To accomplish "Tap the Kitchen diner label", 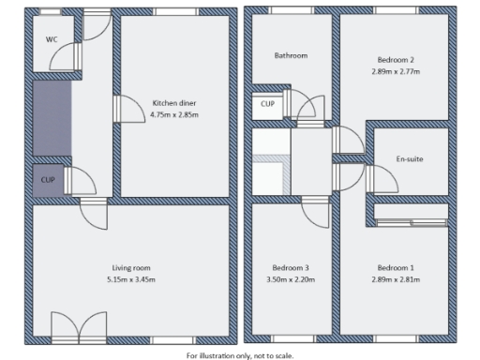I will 174,102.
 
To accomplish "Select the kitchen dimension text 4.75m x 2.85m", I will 174,114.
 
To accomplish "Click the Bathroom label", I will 291,55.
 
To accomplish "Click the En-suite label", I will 410,158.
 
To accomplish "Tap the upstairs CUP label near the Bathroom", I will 267,104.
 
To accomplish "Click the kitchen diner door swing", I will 122,112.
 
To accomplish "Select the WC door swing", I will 62,60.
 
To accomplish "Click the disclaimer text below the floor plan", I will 240,355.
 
